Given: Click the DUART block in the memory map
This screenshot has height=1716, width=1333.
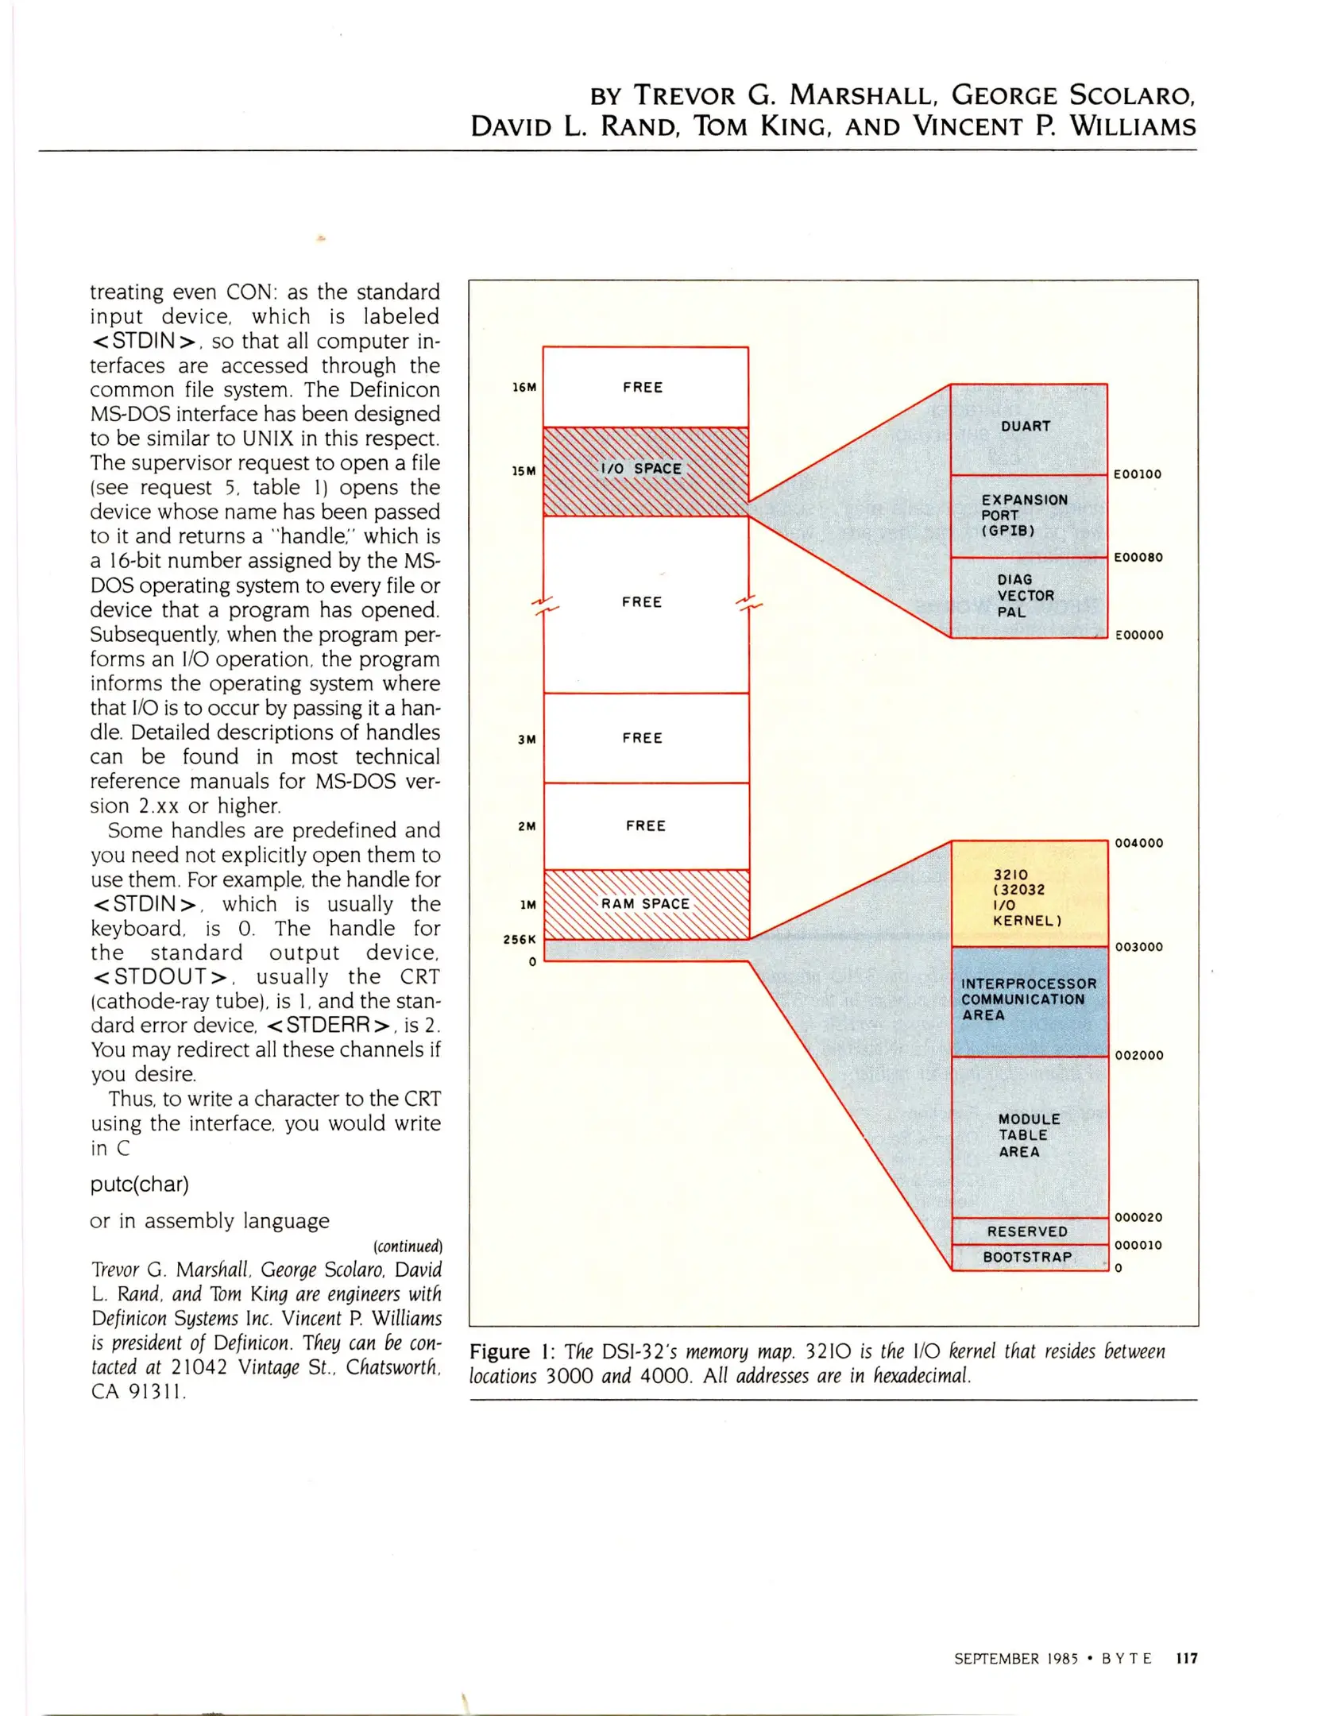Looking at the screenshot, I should pyautogui.click(x=1028, y=427).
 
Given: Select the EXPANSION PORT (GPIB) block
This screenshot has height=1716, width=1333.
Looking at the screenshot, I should pyautogui.click(x=1028, y=516).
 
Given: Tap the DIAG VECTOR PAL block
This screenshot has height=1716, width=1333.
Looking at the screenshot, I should pyautogui.click(x=1028, y=597).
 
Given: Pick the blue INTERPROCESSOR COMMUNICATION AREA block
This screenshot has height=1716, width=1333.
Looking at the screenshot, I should pyautogui.click(x=1028, y=999).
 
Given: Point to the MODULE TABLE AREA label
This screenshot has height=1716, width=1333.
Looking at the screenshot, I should pyautogui.click(x=1028, y=1135).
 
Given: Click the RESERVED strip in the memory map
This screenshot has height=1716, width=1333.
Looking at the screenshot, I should pyautogui.click(x=1028, y=1231).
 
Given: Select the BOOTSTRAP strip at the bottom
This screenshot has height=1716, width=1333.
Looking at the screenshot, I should pyautogui.click(x=1028, y=1257).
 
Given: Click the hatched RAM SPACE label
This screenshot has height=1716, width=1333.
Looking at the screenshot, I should pyautogui.click(x=645, y=904).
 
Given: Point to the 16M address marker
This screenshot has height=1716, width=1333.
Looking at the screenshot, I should pyautogui.click(x=524, y=388).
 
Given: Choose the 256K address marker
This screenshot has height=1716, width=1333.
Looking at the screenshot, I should pyautogui.click(x=520, y=939).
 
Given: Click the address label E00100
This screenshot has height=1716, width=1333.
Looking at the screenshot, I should pyautogui.click(x=1138, y=474).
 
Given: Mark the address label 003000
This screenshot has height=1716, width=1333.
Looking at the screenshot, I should pyautogui.click(x=1139, y=947).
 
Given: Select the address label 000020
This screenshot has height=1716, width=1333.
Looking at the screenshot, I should pyautogui.click(x=1139, y=1217).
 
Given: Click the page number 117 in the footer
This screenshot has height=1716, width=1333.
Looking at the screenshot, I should pyautogui.click(x=1187, y=1658).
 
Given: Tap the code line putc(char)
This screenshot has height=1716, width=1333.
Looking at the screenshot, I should pyautogui.click(x=140, y=1185).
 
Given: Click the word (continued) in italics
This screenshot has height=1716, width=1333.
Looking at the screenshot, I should pyautogui.click(x=408, y=1246).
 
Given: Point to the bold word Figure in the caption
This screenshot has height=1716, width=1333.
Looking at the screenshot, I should pyautogui.click(x=500, y=1351).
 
